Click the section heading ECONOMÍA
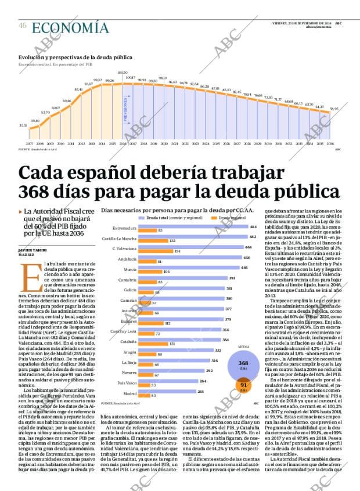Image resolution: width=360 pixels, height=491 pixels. coord(70,27)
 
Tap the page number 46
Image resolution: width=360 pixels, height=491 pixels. coord(22,26)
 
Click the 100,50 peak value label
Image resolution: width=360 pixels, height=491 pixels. coord(123,73)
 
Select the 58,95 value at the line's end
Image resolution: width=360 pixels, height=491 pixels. coord(334,109)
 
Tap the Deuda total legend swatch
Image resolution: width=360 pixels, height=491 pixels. coord(142,217)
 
